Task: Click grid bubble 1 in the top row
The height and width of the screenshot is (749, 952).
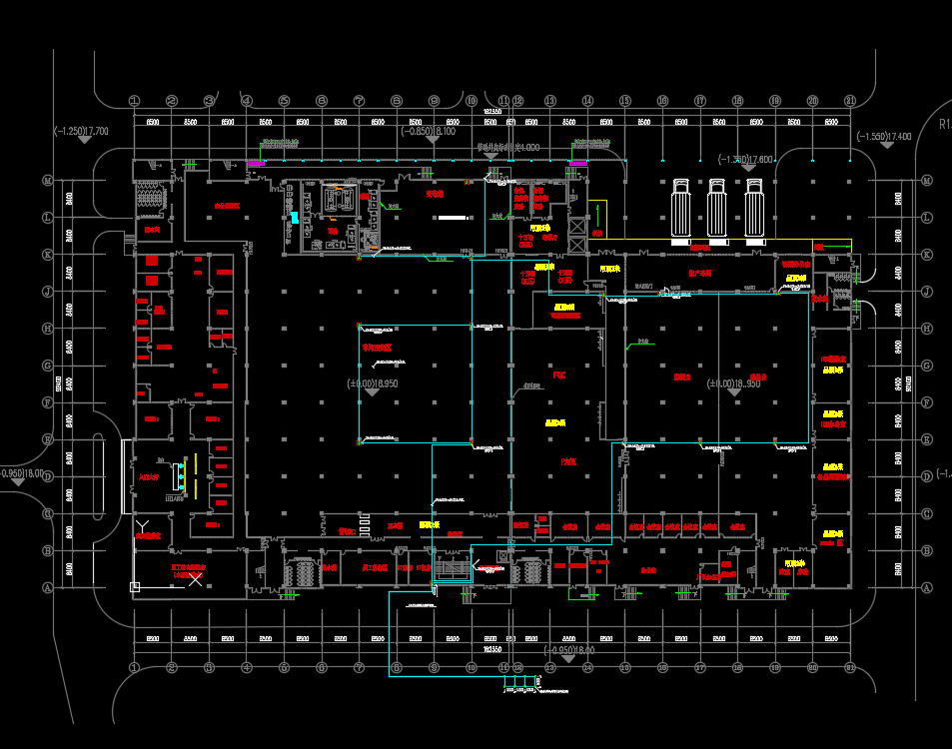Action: coord(135,101)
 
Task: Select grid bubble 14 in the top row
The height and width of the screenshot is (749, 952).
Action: coord(587,101)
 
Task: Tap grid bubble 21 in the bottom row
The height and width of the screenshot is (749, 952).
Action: coord(849,666)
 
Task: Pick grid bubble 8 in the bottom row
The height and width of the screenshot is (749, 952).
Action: coord(397,666)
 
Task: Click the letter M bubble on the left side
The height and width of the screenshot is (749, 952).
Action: coord(47,181)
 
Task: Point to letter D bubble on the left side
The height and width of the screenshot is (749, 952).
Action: coord(47,476)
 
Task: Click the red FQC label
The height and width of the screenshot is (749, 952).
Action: coord(559,375)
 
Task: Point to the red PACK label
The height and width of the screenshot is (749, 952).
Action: coord(568,462)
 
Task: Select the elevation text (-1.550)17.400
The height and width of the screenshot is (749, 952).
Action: coord(884,136)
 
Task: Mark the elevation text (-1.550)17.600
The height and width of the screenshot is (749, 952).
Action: coord(746,160)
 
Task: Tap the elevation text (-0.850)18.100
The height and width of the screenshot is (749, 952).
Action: coord(429,131)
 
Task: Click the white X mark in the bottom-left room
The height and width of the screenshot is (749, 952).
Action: coord(194,580)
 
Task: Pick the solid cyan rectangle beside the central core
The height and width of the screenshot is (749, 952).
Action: coord(294,217)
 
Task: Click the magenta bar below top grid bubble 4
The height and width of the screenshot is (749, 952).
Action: coord(256,163)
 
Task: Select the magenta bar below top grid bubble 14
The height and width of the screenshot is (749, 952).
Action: coord(577,163)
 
